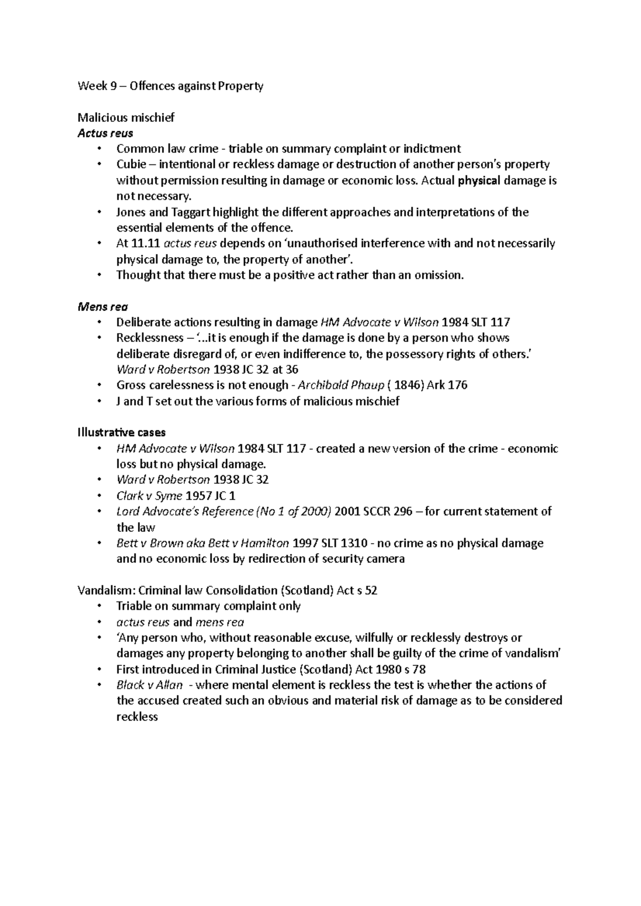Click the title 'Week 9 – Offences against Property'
tap(170, 86)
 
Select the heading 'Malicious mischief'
tap(126, 117)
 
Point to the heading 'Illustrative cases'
tap(121, 432)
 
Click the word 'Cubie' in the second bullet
tap(131, 165)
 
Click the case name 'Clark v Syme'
tap(149, 496)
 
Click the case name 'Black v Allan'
tap(150, 685)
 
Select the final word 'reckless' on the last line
tap(137, 717)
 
